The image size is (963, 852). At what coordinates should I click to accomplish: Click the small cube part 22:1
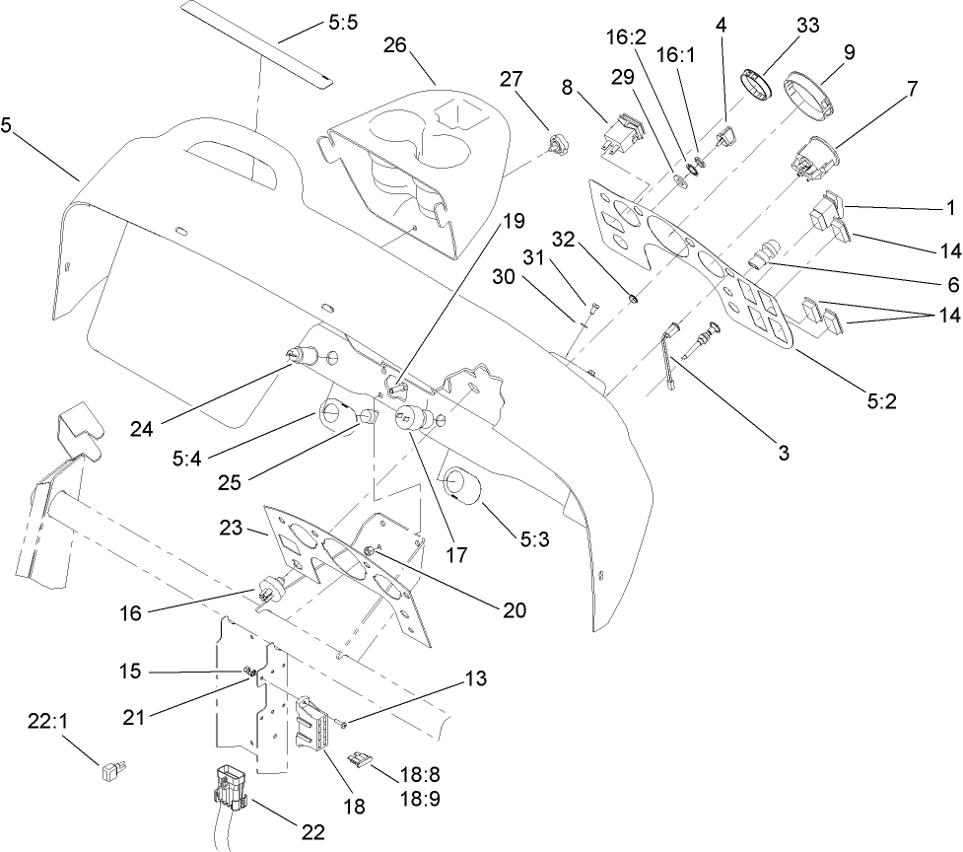[x=111, y=770]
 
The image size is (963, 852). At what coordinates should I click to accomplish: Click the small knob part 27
[x=556, y=144]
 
